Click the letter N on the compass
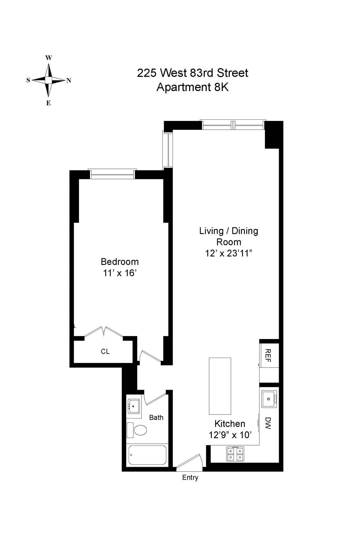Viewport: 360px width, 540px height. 69,80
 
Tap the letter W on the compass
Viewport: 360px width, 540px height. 49,58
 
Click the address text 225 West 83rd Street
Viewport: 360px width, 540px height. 193,73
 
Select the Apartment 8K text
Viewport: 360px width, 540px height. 193,87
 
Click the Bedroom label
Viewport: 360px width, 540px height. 120,262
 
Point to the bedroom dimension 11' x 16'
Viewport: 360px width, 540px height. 120,273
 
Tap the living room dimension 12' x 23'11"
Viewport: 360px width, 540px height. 229,253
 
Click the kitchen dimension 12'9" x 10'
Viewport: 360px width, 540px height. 230,435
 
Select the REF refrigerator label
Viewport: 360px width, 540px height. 268,355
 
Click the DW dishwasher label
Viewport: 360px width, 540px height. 268,423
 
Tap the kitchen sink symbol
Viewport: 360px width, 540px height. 269,399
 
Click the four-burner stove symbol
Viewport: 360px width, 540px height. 235,454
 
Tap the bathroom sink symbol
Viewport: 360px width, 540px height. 134,407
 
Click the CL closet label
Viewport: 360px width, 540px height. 105,351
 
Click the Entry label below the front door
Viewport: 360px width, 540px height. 190,477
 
